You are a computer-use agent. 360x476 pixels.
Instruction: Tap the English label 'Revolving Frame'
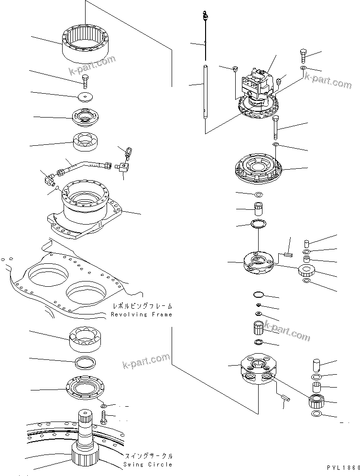coord(141,314)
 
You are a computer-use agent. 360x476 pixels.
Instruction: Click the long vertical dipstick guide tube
coord(205,91)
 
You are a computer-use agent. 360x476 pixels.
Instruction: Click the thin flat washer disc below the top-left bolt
coord(87,97)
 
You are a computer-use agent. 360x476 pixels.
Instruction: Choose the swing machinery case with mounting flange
coord(88,208)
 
